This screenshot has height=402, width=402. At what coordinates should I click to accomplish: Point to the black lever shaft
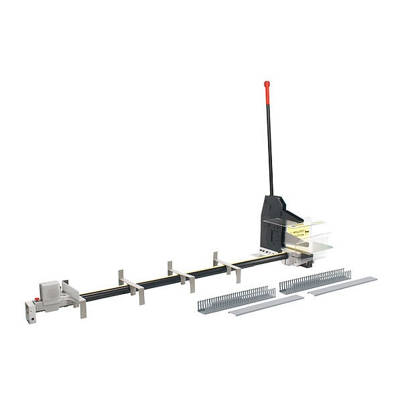click(269, 147)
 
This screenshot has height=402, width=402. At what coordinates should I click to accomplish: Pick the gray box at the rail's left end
click(50, 291)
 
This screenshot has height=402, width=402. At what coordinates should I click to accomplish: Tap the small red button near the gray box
click(37, 299)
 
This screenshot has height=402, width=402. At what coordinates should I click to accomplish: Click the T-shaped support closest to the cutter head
click(226, 265)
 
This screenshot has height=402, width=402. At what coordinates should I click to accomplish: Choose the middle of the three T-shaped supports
click(181, 275)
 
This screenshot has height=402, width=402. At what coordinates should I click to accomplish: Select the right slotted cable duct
click(315, 281)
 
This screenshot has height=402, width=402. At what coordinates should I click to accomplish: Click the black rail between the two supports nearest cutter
click(204, 271)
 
